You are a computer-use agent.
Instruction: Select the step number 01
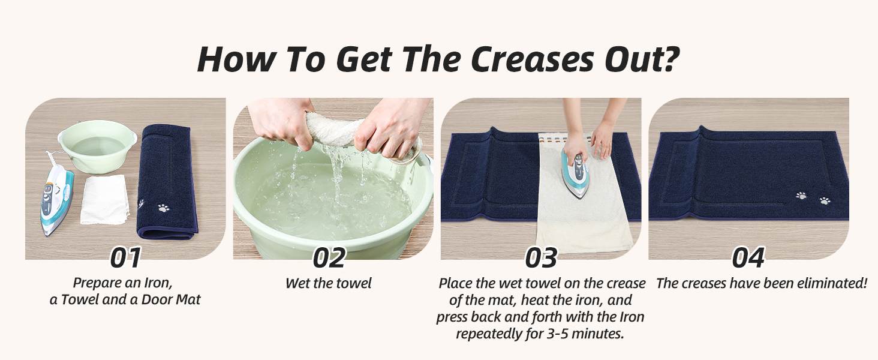point(125,257)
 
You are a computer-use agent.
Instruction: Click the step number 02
point(329,257)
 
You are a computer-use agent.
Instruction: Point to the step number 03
point(541,257)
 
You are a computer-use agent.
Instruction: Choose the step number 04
point(748,257)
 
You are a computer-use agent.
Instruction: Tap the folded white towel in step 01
point(105,200)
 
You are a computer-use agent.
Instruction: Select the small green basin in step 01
point(97,146)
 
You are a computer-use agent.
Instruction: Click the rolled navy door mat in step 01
point(167,182)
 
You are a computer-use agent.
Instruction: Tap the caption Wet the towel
point(329,283)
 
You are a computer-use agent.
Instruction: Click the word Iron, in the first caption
point(158,283)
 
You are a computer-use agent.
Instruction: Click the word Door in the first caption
point(156,299)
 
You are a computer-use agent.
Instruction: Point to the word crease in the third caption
point(626,283)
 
